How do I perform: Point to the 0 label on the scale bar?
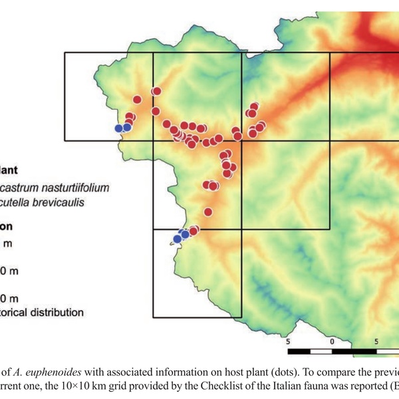tap(332, 340)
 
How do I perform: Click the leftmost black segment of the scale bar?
tap(299, 350)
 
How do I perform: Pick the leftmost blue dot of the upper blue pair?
tap(119, 128)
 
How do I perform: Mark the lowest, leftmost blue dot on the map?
tap(177, 238)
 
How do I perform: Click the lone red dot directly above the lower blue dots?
tap(207, 213)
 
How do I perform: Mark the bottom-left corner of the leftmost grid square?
tap(65, 140)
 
